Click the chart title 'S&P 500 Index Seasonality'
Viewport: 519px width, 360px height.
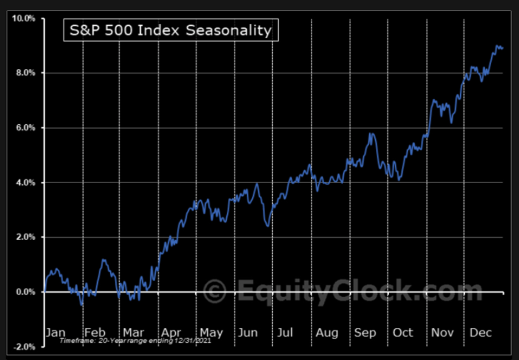coord(170,30)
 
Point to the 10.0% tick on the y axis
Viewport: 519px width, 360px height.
coord(23,18)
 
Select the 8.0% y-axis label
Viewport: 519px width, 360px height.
coord(25,73)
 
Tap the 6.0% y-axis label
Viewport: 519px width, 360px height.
coord(25,128)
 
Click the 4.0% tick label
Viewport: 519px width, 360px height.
coord(25,182)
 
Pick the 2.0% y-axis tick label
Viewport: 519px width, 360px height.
coord(25,237)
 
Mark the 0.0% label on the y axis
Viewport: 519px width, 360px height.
coord(25,292)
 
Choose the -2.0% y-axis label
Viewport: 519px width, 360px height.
coord(24,347)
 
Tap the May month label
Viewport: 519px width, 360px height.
coord(211,333)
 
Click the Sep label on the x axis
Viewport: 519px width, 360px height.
coord(364,333)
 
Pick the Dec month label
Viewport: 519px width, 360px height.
coord(480,333)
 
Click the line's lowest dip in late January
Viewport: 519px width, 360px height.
coord(82,305)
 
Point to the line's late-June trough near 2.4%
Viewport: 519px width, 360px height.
coord(268,225)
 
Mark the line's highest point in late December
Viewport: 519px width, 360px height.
coord(497,46)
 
